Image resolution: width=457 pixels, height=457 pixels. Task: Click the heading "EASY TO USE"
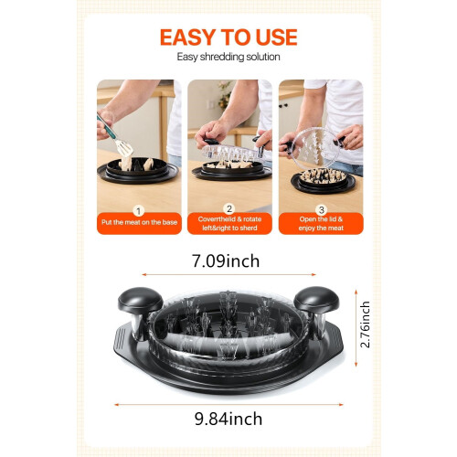coord(228,37)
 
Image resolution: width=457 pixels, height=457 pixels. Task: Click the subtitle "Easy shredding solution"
coord(228,57)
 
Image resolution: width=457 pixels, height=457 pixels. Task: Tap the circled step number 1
coord(139,211)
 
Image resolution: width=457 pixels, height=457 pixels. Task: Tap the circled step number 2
coord(229,209)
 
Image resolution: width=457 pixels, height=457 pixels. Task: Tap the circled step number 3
coord(321,210)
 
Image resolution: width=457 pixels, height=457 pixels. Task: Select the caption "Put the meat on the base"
coord(139,222)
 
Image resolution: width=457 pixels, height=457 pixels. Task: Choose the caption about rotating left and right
coord(229,224)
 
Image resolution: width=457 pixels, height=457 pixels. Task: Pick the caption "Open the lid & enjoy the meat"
coord(321,224)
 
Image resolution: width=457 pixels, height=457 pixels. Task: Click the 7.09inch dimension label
coord(226,261)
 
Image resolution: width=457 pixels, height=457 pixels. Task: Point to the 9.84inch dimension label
coord(228,419)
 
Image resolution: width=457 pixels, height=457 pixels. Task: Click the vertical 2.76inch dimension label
coord(365,324)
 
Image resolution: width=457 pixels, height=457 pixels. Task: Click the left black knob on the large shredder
coord(141,300)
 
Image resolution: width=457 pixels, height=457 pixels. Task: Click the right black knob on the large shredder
coord(316,299)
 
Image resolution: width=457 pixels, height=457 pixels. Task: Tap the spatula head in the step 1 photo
coord(124,148)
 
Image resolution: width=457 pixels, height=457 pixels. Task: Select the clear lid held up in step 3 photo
coord(317,149)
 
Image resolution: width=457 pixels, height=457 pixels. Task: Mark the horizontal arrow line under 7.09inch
coord(228,275)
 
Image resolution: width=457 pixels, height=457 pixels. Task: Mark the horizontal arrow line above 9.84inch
coord(228,405)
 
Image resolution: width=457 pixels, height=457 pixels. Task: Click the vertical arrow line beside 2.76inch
coord(356,328)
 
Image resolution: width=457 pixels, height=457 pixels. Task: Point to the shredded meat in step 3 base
coord(323,176)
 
